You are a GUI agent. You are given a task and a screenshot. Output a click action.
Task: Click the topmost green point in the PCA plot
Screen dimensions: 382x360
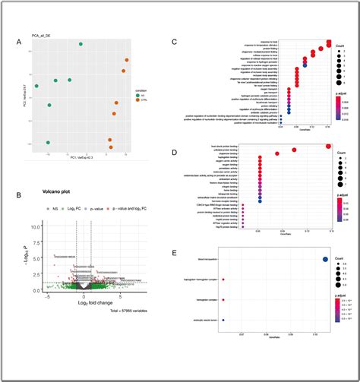click(x=81, y=45)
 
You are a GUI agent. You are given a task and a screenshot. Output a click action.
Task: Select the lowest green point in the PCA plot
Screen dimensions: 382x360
click(x=48, y=142)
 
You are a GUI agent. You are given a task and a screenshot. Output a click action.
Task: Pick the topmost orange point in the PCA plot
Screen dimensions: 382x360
click(x=126, y=60)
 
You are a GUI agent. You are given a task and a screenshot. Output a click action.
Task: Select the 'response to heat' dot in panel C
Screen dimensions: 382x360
click(x=329, y=43)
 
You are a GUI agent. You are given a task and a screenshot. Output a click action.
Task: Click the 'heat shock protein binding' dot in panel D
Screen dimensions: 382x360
click(x=328, y=146)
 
